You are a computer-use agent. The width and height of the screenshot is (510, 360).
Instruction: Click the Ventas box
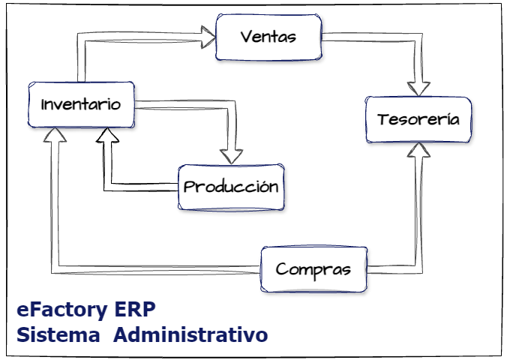pos(268,37)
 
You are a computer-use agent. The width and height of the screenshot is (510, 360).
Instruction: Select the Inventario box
pos(80,104)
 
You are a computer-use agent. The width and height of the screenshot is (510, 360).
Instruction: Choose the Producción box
pos(231,187)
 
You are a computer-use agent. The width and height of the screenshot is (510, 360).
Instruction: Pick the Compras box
pos(313,269)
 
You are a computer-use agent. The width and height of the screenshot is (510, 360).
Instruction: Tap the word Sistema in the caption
pos(58,334)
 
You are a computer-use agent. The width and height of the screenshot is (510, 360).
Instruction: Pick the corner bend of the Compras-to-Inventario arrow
pos(52,265)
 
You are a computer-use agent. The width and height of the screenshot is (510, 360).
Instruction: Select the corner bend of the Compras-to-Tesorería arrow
pos(418,267)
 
